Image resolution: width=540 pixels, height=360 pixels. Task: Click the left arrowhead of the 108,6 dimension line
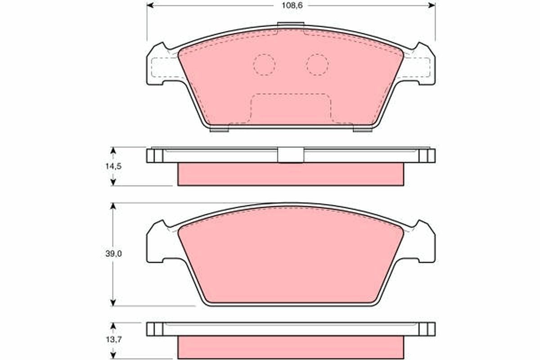point(150,5)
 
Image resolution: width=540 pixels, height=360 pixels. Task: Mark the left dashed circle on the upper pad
point(264,65)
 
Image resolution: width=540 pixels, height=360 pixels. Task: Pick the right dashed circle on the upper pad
point(317,65)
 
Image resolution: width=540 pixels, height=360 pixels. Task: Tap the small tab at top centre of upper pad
point(291,26)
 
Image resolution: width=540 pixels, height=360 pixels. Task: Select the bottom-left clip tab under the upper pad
point(220,130)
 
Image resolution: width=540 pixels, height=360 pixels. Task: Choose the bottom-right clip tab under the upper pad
point(362,130)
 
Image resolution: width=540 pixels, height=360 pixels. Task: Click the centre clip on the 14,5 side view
point(291,155)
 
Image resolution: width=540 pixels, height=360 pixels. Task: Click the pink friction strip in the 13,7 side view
point(291,347)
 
